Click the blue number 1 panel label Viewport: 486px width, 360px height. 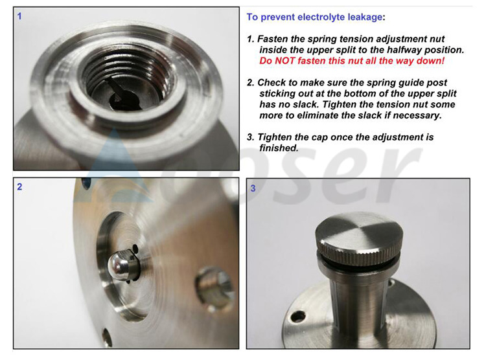pyautogui.click(x=19, y=16)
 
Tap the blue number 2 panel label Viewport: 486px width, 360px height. pyautogui.click(x=19, y=187)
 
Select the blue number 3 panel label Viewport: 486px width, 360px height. pyautogui.click(x=253, y=188)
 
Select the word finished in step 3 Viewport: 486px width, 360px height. pyautogui.click(x=279, y=148)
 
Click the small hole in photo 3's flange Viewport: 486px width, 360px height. pyautogui.click(x=298, y=317)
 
